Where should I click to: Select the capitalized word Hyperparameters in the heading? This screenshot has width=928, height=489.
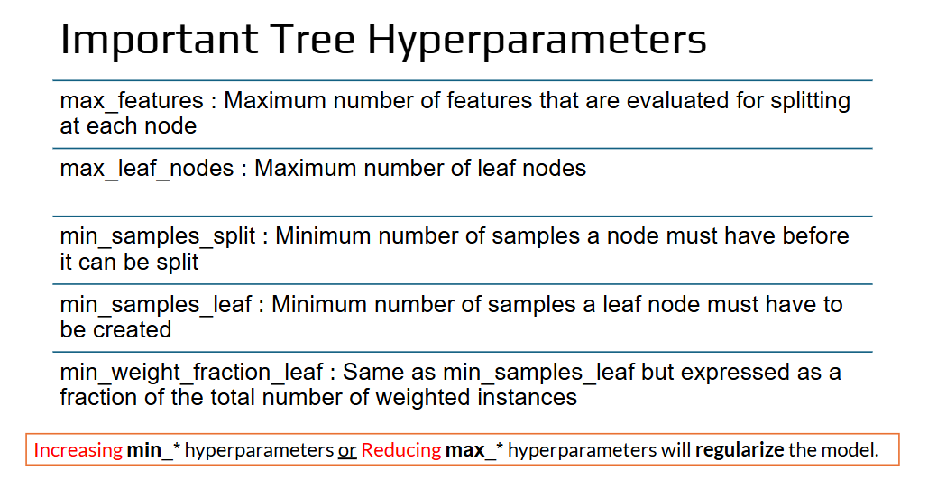pyautogui.click(x=538, y=42)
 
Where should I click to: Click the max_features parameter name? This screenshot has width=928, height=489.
pyautogui.click(x=132, y=101)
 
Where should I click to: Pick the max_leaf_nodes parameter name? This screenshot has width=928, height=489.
pyautogui.click(x=147, y=169)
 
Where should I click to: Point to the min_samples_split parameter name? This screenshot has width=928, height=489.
pyautogui.click(x=158, y=236)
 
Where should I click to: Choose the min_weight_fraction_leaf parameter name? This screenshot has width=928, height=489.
pyautogui.click(x=191, y=373)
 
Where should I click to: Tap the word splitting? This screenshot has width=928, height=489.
pyautogui.click(x=810, y=102)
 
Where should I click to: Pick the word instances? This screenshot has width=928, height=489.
pyautogui.click(x=528, y=398)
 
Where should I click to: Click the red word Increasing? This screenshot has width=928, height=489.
pyautogui.click(x=78, y=450)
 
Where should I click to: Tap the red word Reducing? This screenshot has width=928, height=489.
pyautogui.click(x=401, y=450)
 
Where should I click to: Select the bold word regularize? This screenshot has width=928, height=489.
pyautogui.click(x=740, y=450)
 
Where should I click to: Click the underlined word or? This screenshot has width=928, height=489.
pyautogui.click(x=347, y=451)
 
